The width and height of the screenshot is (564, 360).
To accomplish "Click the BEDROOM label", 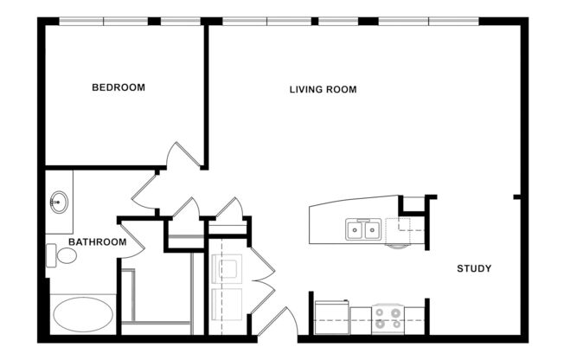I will [119, 87].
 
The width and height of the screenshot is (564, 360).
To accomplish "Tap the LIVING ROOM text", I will [323, 89].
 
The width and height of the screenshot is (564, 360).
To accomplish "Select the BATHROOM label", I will [97, 242].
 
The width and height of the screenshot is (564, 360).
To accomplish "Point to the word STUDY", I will [474, 269].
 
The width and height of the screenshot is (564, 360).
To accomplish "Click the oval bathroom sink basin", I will [58, 203].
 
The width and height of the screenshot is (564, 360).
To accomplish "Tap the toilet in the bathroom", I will [61, 255].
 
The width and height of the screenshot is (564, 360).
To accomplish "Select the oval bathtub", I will [82, 313].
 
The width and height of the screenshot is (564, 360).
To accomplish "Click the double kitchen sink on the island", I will [364, 229].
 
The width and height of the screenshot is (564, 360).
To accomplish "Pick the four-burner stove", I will [388, 318].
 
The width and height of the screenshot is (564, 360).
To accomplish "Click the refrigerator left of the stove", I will [330, 317].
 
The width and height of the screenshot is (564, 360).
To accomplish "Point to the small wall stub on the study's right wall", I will [516, 197].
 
